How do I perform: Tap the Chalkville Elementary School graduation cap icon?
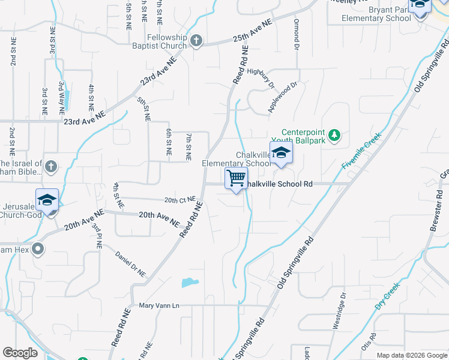tap(280, 153)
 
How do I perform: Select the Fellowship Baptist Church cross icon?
tap(196, 41)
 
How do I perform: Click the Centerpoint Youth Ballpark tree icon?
tap(336, 137)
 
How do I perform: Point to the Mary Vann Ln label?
tap(159, 305)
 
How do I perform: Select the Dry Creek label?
tap(387, 296)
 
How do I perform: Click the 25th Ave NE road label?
tap(253, 30)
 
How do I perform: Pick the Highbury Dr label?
tap(261, 76)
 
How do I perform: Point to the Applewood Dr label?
tap(283, 98)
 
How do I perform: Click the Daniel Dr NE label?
tap(131, 265)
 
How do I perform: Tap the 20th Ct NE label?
tap(179, 199)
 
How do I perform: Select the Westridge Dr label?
tap(339, 310)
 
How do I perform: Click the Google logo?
tap(20, 353)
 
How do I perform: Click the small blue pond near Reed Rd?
tap(190, 282)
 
